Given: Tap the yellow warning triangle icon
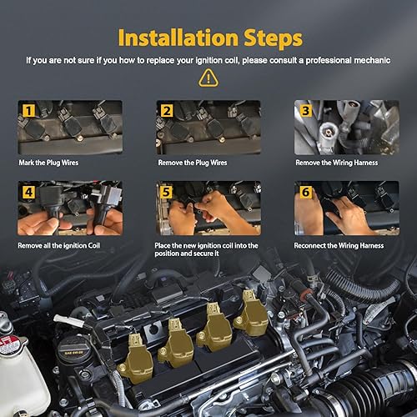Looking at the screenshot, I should click(x=208, y=78).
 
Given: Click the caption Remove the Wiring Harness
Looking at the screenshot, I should click(x=336, y=162).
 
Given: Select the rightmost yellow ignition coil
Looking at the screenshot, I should click(x=251, y=315).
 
